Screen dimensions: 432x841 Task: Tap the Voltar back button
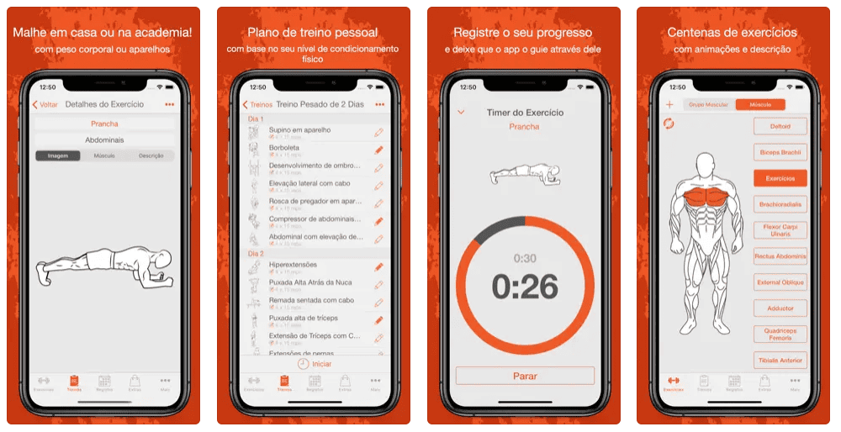(45, 105)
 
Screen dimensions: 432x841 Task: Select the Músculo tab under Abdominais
(104, 155)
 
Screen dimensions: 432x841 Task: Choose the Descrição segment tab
(151, 155)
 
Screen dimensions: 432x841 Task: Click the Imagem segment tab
(58, 155)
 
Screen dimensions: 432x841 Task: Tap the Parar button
(525, 376)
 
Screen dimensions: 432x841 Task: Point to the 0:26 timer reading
(525, 287)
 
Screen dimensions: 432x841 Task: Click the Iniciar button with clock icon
(315, 364)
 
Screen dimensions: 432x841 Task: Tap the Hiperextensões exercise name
(293, 265)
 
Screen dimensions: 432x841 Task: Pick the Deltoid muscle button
(780, 127)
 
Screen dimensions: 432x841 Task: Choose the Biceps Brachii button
(780, 153)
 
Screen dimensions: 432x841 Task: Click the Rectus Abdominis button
(780, 256)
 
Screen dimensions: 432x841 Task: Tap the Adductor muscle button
(780, 308)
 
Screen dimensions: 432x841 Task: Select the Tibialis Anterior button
(780, 361)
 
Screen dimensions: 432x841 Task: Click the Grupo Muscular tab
(710, 105)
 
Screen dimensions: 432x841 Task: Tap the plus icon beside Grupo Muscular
(669, 105)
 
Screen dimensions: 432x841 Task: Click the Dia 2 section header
(257, 253)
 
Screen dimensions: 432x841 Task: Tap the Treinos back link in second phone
(257, 105)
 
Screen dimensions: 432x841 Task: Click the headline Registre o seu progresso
(523, 33)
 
